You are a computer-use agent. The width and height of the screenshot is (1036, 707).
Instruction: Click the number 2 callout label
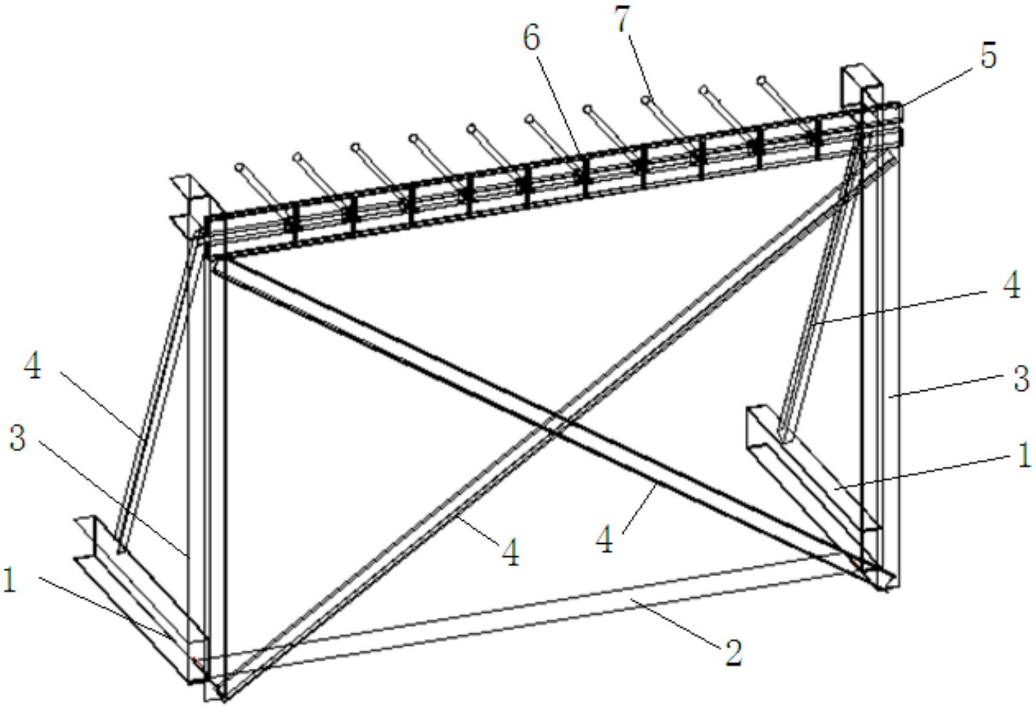point(733,652)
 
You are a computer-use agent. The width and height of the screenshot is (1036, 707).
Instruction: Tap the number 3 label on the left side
point(17,437)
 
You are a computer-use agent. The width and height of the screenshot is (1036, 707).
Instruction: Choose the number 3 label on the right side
point(1021,378)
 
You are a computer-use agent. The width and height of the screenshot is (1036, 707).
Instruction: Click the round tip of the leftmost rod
point(239,167)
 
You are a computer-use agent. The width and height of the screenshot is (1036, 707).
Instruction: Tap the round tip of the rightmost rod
point(762,81)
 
